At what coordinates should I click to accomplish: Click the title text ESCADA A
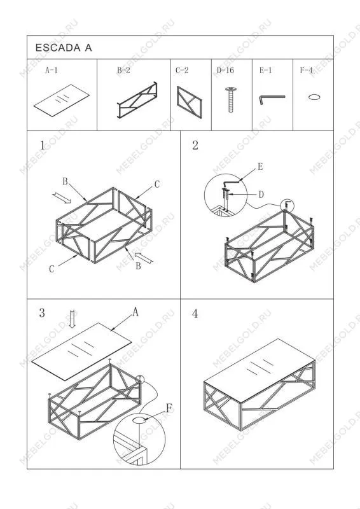(x=64, y=48)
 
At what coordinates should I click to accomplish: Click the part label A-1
(x=52, y=70)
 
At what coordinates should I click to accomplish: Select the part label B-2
(x=123, y=70)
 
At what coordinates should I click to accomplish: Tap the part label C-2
(x=182, y=70)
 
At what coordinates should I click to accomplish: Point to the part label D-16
(x=225, y=70)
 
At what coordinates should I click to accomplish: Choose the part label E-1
(x=265, y=70)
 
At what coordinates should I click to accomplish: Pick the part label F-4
(x=306, y=70)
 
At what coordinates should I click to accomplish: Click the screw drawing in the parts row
(x=230, y=100)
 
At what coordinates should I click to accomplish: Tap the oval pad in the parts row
(x=314, y=97)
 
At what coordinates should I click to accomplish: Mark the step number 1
(x=42, y=146)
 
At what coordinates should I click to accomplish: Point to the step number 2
(x=195, y=145)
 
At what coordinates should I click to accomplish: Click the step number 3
(x=42, y=313)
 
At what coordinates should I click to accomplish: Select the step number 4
(x=195, y=314)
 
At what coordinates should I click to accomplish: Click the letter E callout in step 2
(x=260, y=167)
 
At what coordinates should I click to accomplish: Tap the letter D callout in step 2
(x=261, y=195)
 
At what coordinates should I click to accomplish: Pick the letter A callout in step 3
(x=135, y=312)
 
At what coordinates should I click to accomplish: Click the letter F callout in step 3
(x=169, y=408)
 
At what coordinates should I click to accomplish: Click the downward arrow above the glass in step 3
(x=73, y=319)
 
